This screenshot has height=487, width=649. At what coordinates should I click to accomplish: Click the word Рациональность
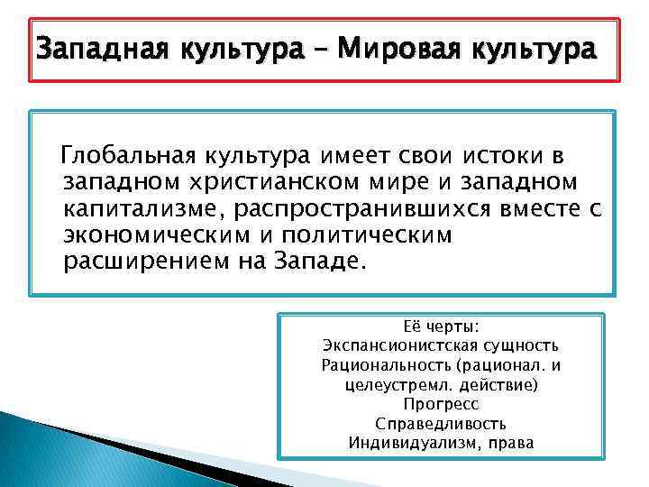click(x=387, y=365)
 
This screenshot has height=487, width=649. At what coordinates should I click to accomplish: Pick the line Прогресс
click(x=441, y=404)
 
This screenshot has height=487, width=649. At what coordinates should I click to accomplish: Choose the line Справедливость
click(x=441, y=424)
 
